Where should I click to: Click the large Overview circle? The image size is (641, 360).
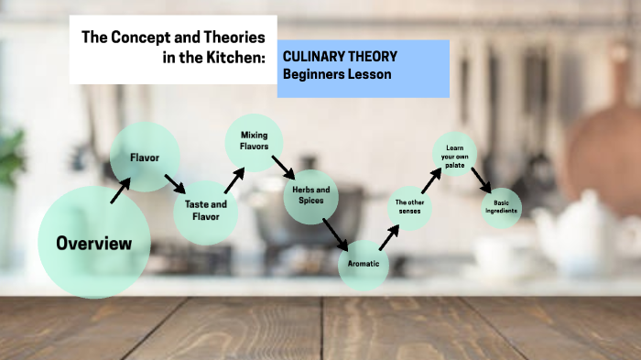click(x=93, y=243)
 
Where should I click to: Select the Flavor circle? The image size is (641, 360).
click(x=144, y=158)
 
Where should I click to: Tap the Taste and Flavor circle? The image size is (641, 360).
click(x=206, y=211)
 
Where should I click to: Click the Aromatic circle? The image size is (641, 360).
click(x=364, y=265)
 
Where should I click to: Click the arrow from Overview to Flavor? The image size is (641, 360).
click(x=120, y=191)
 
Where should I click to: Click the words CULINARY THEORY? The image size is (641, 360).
click(x=340, y=57)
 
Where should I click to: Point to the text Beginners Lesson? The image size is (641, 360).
click(x=337, y=74)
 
